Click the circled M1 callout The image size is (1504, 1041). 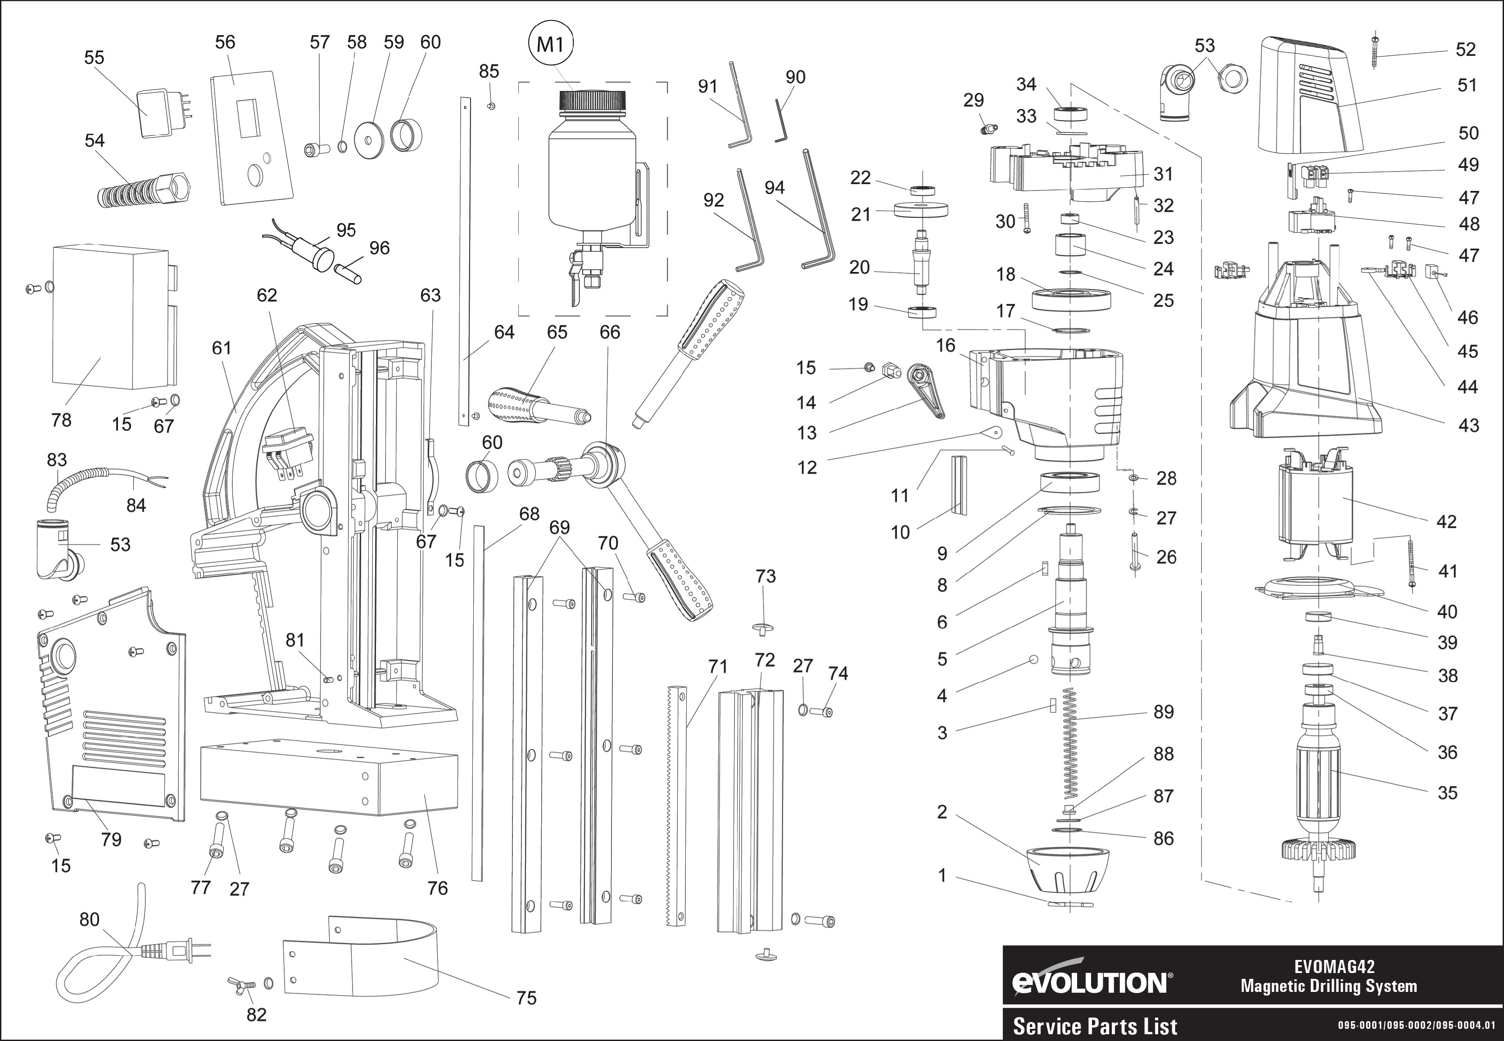pyautogui.click(x=550, y=45)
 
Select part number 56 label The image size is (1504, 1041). pyautogui.click(x=225, y=42)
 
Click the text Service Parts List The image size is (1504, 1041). pyautogui.click(x=1095, y=1027)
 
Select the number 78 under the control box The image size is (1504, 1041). pyautogui.click(x=61, y=420)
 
